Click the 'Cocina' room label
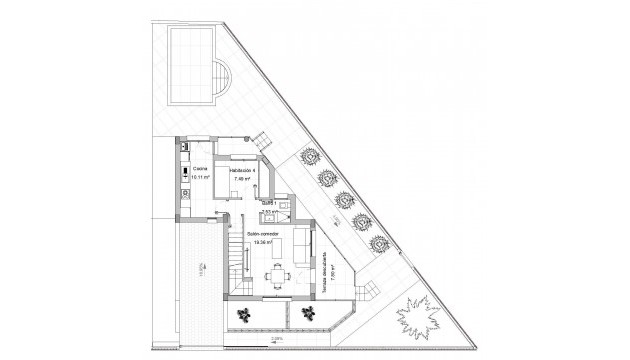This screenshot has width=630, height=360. [x=200, y=170]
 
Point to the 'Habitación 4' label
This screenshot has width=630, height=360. [x=243, y=170]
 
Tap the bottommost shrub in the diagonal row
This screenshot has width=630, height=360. [x=379, y=242]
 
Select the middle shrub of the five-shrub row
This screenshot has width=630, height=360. [x=342, y=198]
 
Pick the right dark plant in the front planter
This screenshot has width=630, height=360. [x=308, y=315]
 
